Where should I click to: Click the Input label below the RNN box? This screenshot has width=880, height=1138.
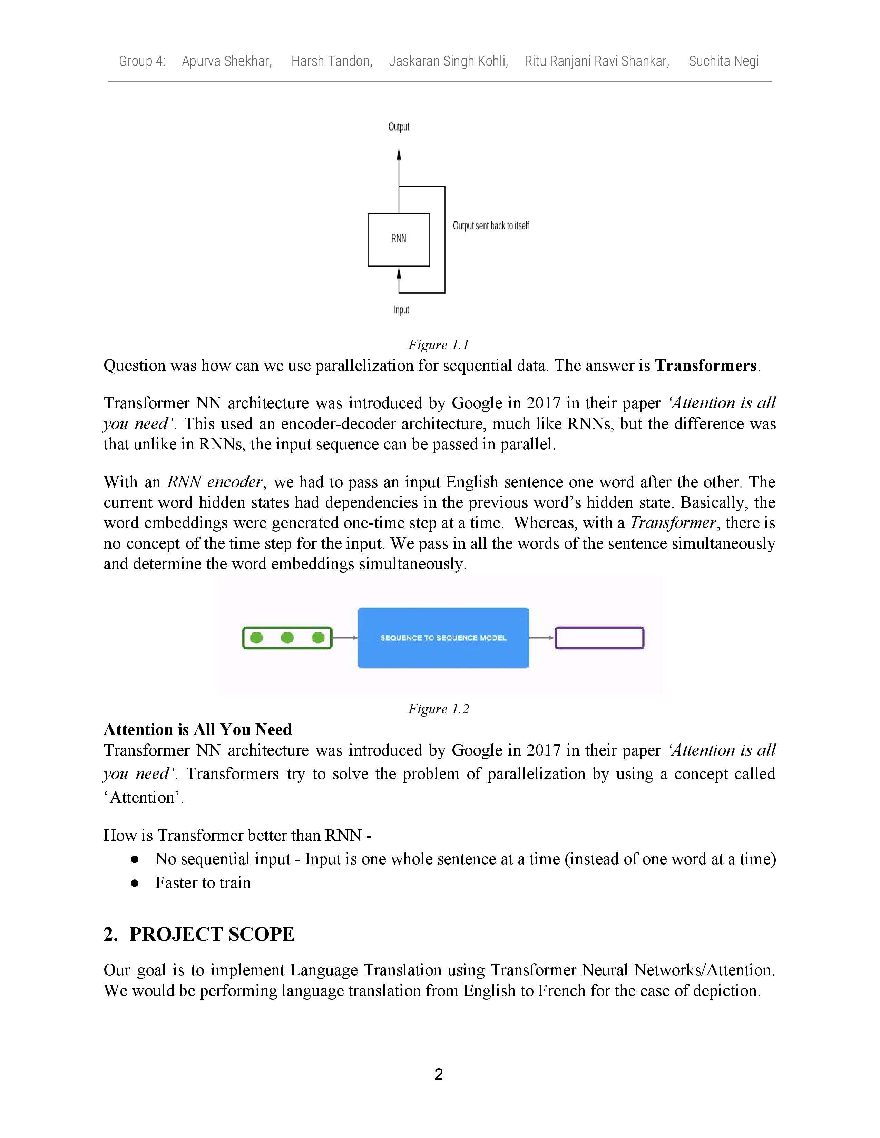tap(401, 310)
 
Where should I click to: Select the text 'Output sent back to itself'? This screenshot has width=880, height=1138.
tap(491, 226)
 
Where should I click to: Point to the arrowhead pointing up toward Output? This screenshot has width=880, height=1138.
tap(399, 155)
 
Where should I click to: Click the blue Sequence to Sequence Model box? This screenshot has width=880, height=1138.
tap(443, 638)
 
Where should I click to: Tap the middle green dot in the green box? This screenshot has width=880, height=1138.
tap(287, 638)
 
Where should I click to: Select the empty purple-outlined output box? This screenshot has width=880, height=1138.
tap(599, 638)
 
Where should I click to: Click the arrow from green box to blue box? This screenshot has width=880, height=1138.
tap(345, 638)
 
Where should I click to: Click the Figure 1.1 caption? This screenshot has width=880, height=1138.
tap(438, 345)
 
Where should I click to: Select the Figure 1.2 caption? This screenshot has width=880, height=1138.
tap(438, 709)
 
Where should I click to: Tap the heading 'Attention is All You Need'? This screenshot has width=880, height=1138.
tap(198, 729)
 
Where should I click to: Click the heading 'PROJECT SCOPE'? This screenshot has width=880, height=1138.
tap(212, 934)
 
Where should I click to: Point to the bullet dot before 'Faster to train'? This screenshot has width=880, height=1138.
tap(135, 883)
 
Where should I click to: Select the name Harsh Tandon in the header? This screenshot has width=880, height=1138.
tap(332, 61)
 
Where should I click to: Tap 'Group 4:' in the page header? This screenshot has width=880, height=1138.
tap(142, 61)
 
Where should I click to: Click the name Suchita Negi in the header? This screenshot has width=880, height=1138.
tap(724, 61)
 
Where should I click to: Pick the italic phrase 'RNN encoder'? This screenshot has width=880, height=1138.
tap(214, 482)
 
